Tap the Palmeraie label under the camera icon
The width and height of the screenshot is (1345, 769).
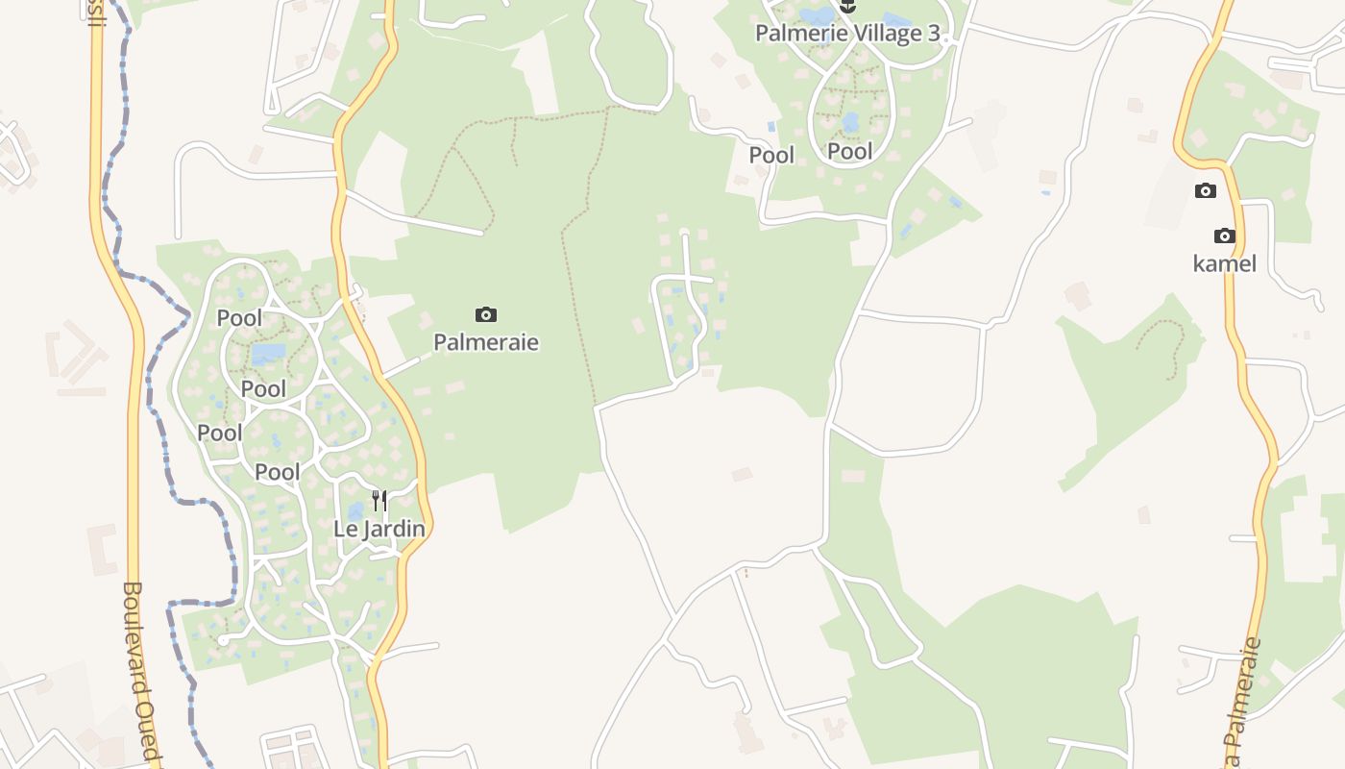[x=486, y=342]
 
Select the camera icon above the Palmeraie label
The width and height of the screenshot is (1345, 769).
[x=486, y=314]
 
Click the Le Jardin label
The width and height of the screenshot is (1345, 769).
[x=379, y=528]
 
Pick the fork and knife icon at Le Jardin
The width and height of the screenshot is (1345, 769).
[x=379, y=500]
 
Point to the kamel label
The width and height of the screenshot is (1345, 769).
[x=1224, y=263]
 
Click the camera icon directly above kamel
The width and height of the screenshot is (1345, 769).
[x=1224, y=236]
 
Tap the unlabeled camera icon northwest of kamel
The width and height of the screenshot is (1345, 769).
[x=1206, y=190]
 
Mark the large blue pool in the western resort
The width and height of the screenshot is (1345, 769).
[x=269, y=354]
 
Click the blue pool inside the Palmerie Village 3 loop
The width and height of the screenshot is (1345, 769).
[x=850, y=122]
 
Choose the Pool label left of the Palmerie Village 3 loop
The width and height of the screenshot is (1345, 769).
[x=771, y=155]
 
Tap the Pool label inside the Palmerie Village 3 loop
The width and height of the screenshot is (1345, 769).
[x=850, y=151]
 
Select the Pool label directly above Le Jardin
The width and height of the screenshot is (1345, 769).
[x=278, y=472]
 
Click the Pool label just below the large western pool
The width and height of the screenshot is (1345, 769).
[x=263, y=389]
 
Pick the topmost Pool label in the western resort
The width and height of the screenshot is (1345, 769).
[x=239, y=317]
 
